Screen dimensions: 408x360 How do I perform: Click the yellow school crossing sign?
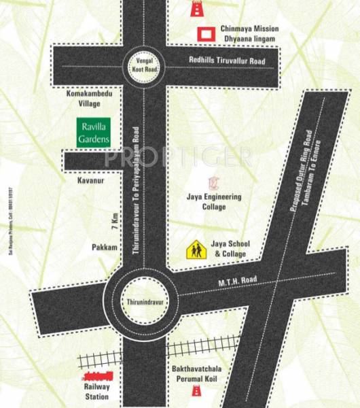pos(196,251)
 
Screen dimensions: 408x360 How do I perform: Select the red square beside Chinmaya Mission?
pos(203,33)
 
